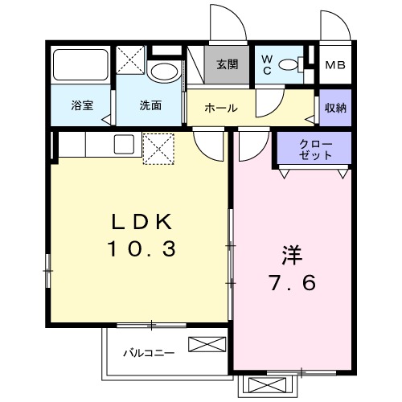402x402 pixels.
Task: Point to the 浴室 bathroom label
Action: pos(81,105)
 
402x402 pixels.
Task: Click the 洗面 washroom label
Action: pos(150,105)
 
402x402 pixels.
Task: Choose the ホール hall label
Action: pos(219,108)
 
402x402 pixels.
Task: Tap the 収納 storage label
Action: pos(335,108)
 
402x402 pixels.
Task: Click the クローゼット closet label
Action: pos(314,149)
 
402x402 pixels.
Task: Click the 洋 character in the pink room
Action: pos(291,256)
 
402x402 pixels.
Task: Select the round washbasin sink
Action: pos(166,72)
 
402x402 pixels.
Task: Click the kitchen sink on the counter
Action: pos(124,146)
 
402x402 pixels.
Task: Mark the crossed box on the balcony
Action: pos(202,345)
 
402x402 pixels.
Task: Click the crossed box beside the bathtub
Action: pos(130,59)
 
